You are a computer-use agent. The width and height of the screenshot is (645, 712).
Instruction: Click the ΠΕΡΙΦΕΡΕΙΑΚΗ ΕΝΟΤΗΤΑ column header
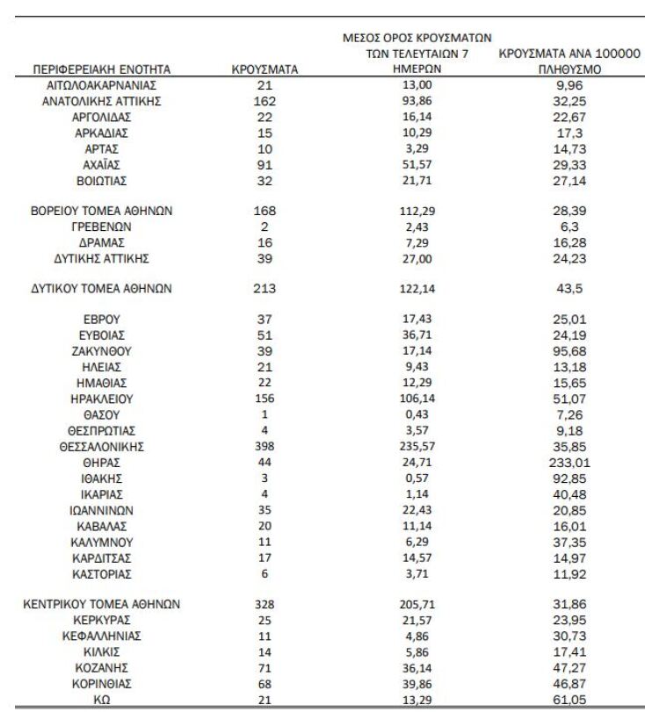click(101, 69)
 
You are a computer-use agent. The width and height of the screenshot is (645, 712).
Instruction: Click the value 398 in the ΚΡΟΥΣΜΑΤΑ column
click(265, 447)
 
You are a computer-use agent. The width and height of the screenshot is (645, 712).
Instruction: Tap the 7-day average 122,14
click(416, 288)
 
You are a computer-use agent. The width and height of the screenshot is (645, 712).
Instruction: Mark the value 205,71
click(416, 605)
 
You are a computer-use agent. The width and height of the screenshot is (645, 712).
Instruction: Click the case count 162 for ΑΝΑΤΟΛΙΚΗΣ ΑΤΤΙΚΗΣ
click(265, 102)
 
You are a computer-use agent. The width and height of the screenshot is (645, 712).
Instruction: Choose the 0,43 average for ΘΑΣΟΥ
click(416, 414)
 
